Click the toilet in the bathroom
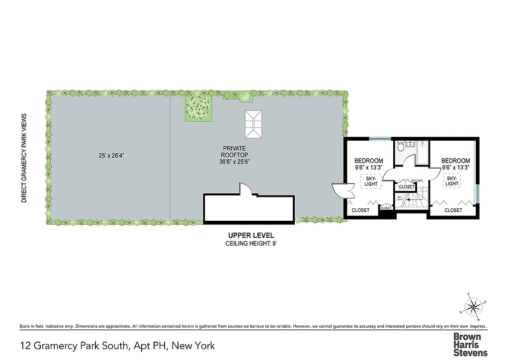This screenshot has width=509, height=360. point(401,148)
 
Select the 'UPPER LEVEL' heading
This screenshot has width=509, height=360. point(251,235)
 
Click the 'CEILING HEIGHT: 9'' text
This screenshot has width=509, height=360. point(251,243)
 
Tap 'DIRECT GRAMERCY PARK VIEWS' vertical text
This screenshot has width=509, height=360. point(23,158)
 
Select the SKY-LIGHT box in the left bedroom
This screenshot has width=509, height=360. point(371,181)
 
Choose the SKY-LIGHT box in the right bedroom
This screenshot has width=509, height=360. point(452,181)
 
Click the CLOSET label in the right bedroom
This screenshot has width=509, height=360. point(453,210)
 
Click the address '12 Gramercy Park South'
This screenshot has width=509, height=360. point(76,345)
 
